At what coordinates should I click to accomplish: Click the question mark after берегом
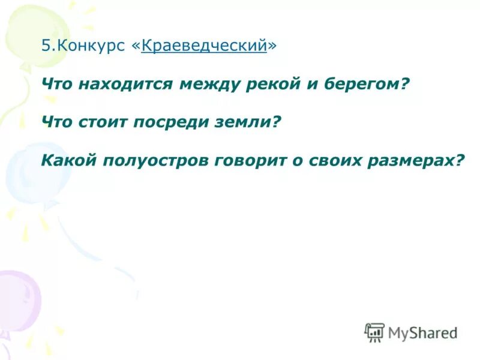404,84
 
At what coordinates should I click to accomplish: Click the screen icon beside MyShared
374,332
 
